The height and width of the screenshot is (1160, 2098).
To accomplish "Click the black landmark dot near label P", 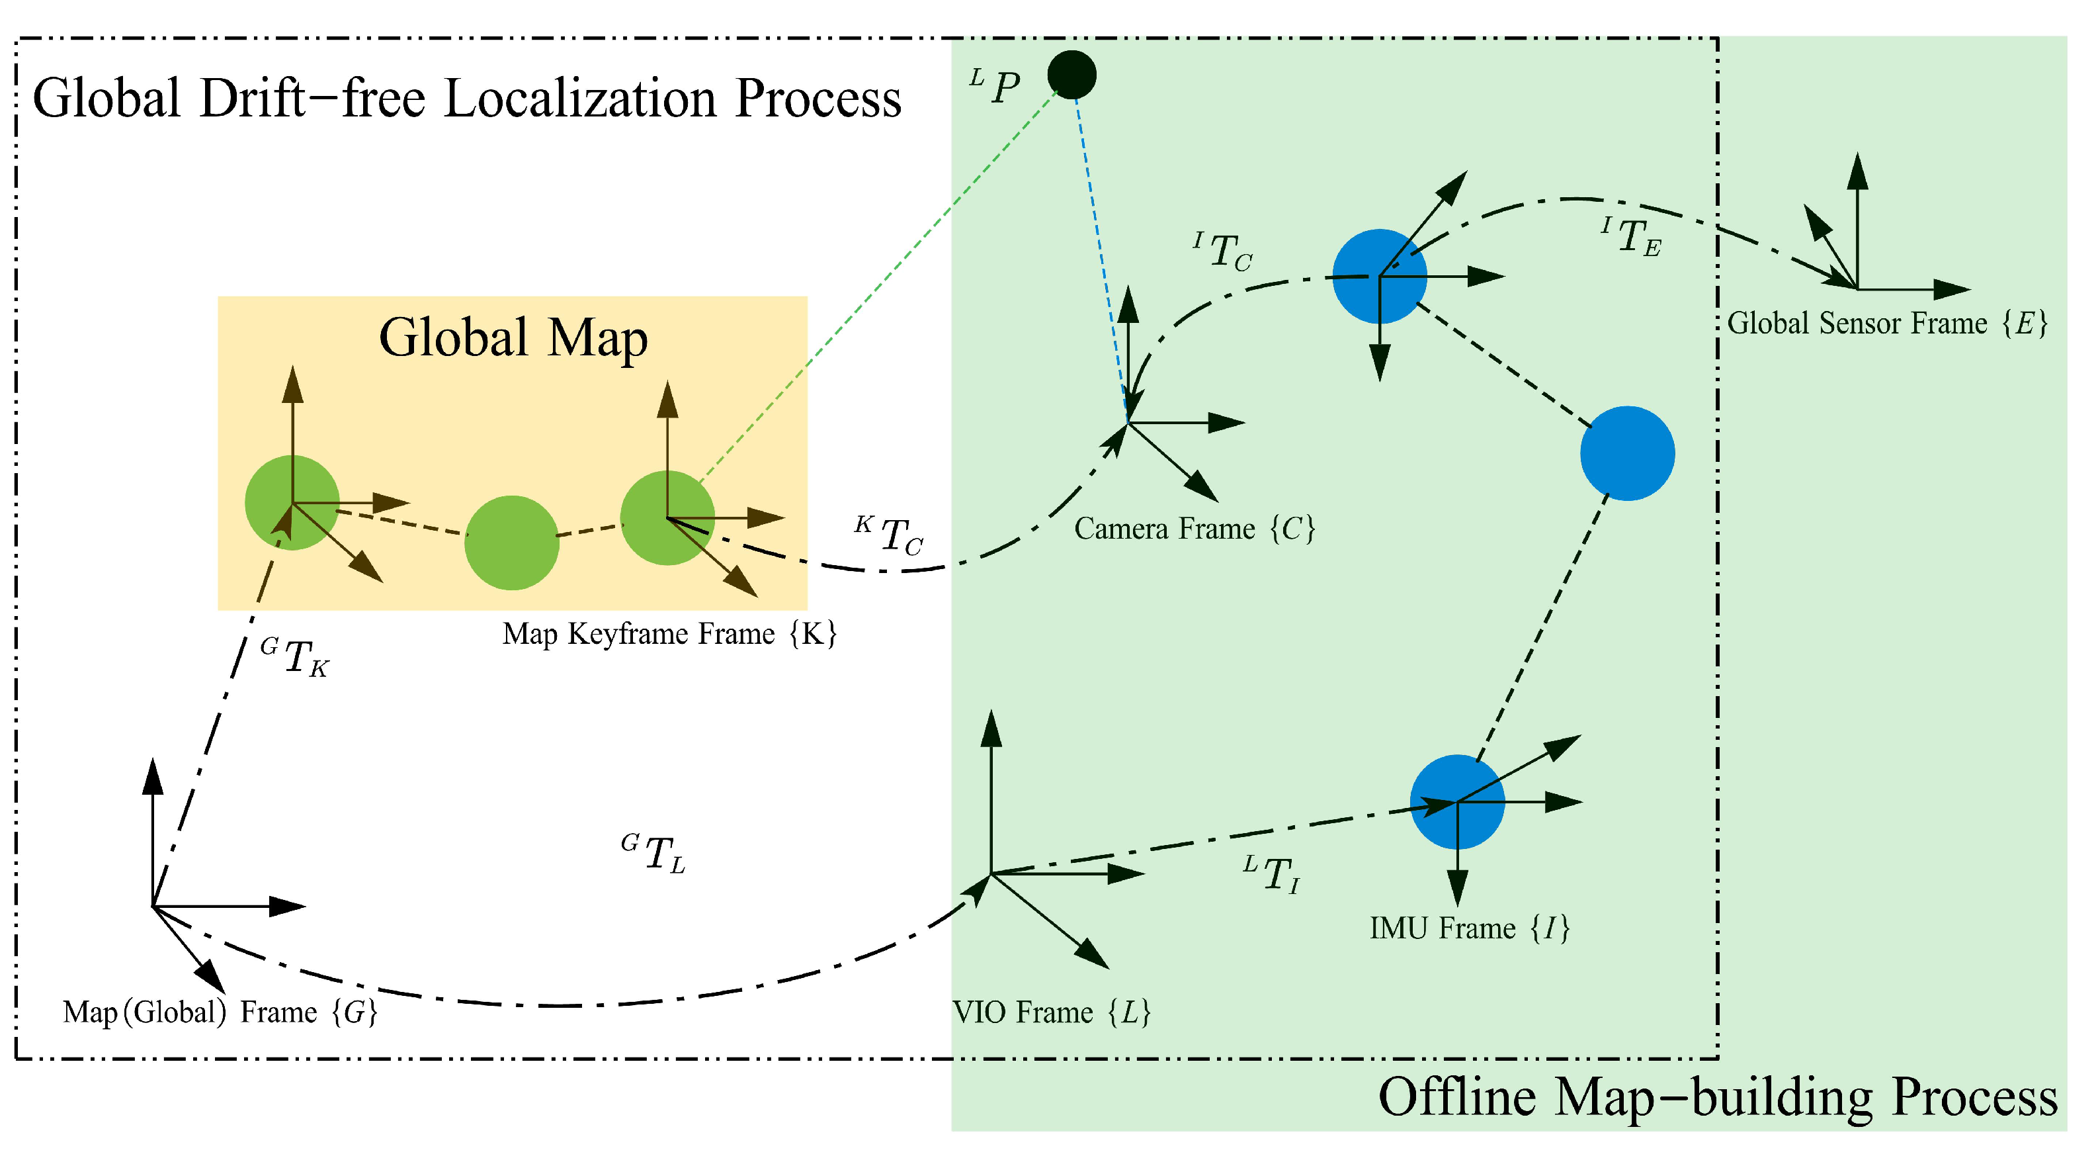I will [x=1071, y=75].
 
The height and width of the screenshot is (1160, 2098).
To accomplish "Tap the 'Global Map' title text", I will [x=513, y=338].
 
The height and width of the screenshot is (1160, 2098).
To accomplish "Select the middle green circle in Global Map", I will [x=511, y=543].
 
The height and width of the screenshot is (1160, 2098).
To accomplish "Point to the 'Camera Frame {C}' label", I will [x=1194, y=529].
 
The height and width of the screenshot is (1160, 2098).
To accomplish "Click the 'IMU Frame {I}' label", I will [x=1468, y=928].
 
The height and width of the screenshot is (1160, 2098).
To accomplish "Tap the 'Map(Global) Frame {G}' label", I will [x=220, y=1012].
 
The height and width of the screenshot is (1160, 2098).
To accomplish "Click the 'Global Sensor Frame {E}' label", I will [x=1886, y=324].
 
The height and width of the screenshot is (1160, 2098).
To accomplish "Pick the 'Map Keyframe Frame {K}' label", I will [x=669, y=634].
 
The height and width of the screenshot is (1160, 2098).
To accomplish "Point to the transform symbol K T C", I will [x=890, y=536].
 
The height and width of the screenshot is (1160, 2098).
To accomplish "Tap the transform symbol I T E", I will [x=1631, y=237].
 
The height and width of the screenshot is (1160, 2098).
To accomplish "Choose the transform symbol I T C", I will [x=1224, y=251].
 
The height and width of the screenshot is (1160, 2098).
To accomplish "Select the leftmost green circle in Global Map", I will [x=292, y=503].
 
